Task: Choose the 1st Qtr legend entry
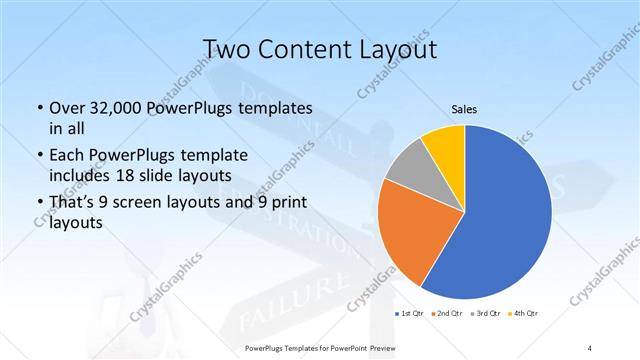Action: pyautogui.click(x=411, y=314)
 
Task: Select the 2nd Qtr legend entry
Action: pyautogui.click(x=446, y=314)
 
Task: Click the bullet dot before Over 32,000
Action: pyautogui.click(x=37, y=108)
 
